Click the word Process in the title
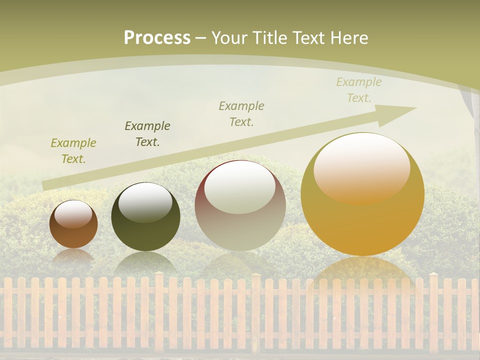tap(157, 37)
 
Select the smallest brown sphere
tap(73, 224)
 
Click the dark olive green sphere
tap(145, 217)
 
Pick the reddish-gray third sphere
tap(240, 205)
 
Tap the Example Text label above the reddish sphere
tap(241, 114)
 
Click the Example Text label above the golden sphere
tap(359, 90)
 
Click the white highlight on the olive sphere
tap(145, 202)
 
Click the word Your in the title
tap(229, 37)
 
